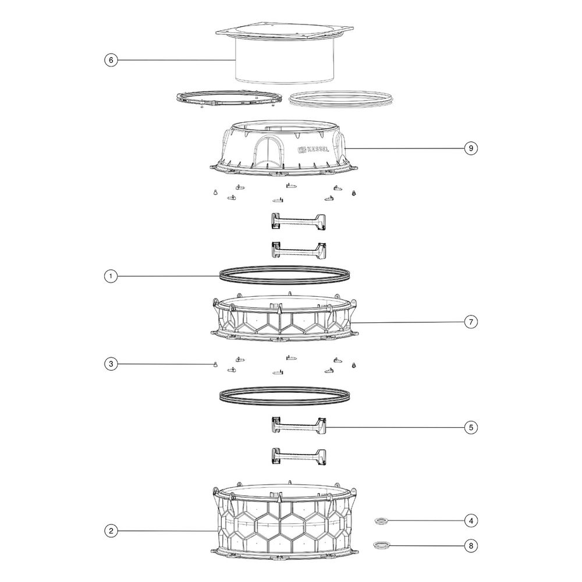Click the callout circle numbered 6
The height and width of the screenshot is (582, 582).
pyautogui.click(x=111, y=60)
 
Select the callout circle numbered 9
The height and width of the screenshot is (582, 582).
pyautogui.click(x=471, y=148)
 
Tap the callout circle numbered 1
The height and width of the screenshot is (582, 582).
pyautogui.click(x=111, y=276)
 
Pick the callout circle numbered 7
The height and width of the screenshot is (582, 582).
pyautogui.click(x=471, y=322)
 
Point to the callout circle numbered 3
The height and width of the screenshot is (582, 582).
pyautogui.click(x=111, y=364)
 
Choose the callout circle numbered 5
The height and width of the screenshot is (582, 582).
pyautogui.click(x=471, y=427)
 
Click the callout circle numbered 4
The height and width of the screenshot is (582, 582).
pyautogui.click(x=471, y=521)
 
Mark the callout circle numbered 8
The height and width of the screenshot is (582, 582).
pyautogui.click(x=471, y=546)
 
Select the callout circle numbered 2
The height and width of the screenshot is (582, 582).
pyautogui.click(x=111, y=531)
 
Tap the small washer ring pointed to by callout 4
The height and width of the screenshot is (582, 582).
pyautogui.click(x=382, y=521)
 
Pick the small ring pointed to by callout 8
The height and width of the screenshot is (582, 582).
pyautogui.click(x=382, y=545)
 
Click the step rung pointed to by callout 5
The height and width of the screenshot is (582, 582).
pyautogui.click(x=299, y=425)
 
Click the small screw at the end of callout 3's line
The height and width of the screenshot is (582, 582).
pyautogui.click(x=215, y=365)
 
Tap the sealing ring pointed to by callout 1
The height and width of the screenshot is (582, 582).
pyautogui.click(x=285, y=275)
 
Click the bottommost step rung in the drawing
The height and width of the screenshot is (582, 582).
pyautogui.click(x=299, y=456)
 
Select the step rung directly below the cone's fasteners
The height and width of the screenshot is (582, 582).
pyautogui.click(x=299, y=221)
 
